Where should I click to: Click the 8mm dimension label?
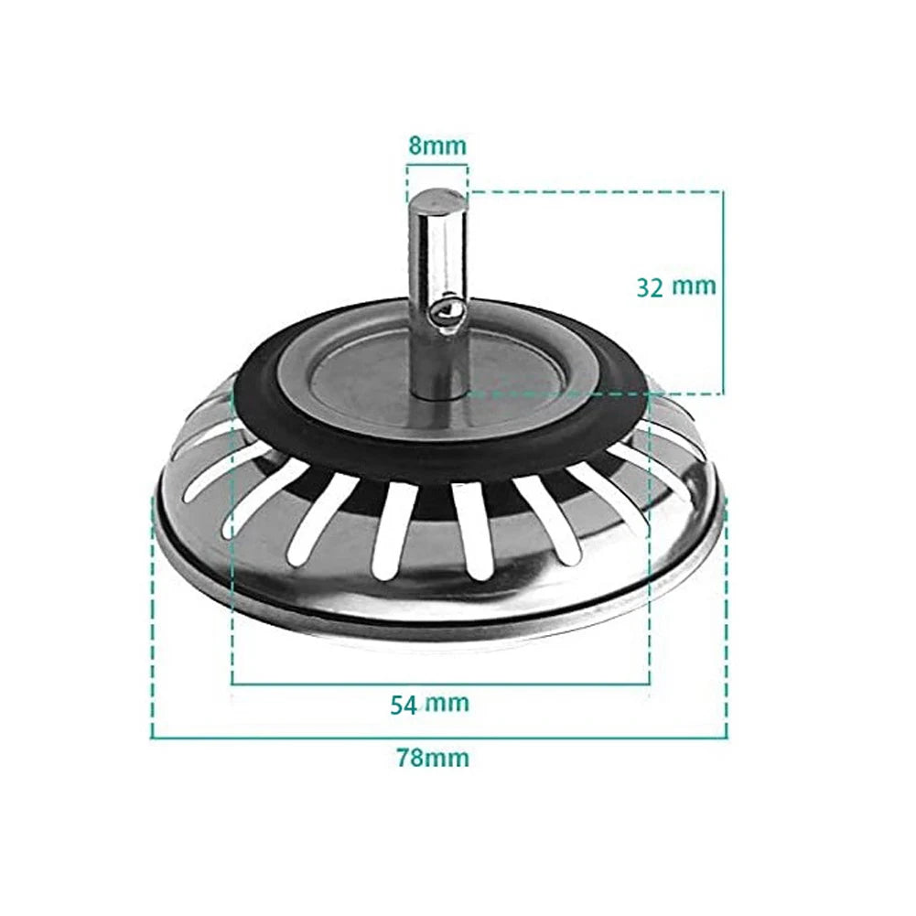point(436,145)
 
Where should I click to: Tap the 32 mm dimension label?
point(676,286)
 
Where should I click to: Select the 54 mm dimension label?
point(429,704)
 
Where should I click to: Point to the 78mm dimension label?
point(432,758)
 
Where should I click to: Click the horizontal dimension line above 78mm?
point(439,737)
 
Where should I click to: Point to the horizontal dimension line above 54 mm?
point(439,683)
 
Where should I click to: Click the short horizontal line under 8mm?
point(436,166)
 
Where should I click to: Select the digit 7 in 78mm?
point(403,758)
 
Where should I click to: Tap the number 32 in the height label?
point(650,286)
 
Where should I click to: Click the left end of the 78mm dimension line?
point(152,737)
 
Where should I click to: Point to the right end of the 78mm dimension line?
point(727,737)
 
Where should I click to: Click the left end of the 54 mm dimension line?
point(232,683)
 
